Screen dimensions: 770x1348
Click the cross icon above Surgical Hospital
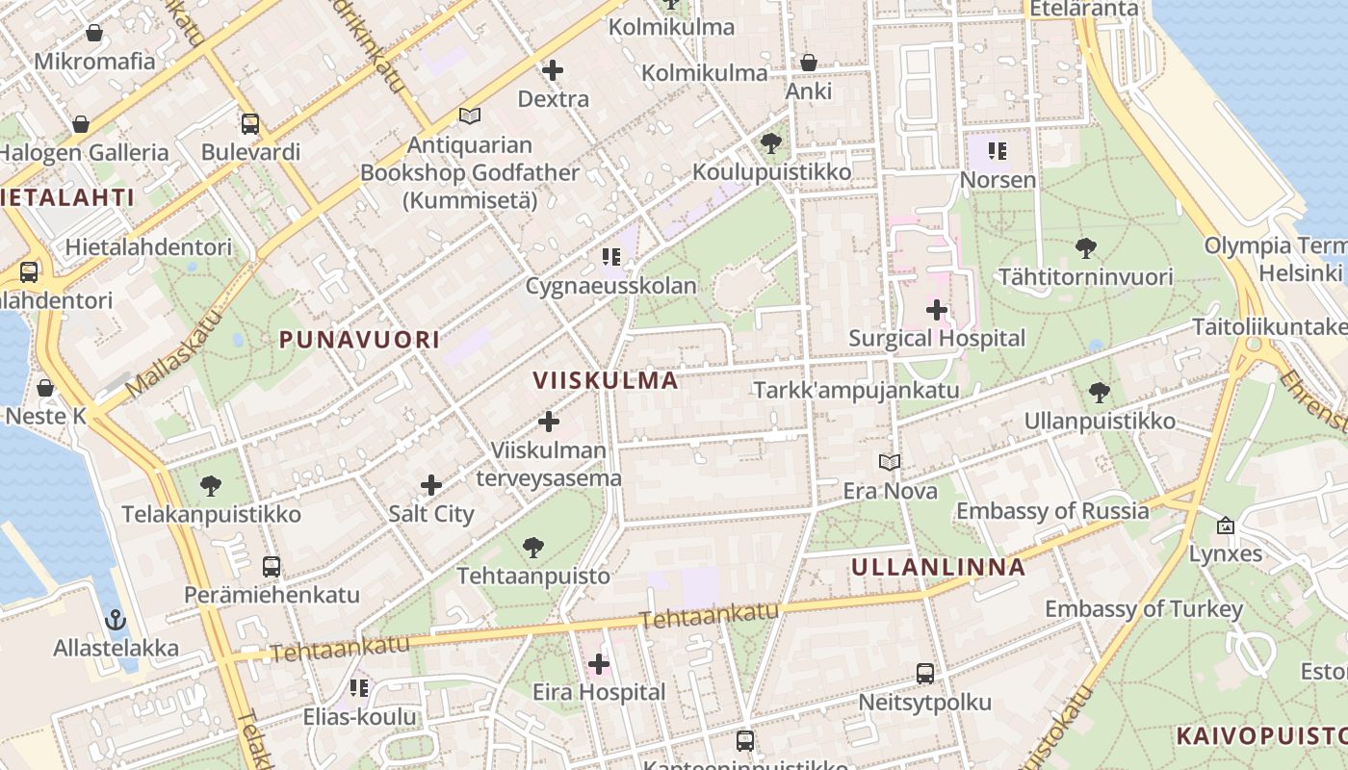[936, 310]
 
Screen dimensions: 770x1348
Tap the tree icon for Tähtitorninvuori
[1085, 248]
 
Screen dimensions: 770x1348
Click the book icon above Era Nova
[890, 463]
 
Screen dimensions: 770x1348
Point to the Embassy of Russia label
[1052, 510]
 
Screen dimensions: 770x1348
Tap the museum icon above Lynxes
[1225, 526]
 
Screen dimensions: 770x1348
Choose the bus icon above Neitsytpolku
[924, 673]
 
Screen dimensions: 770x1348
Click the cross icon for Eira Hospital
[598, 663]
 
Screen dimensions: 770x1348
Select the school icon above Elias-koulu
[359, 687]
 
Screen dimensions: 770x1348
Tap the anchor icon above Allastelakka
[116, 619]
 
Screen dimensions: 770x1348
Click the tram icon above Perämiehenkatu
[272, 566]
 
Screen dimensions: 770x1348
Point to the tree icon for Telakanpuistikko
[211, 485]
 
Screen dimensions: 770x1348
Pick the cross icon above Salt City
[430, 485]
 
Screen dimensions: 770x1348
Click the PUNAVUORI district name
[359, 339]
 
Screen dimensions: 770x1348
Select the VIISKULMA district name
[606, 380]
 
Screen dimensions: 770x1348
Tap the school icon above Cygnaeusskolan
[610, 257]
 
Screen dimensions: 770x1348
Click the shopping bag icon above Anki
[808, 63]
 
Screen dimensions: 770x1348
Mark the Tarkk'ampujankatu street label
[856, 390]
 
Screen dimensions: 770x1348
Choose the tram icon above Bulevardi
[250, 123]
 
